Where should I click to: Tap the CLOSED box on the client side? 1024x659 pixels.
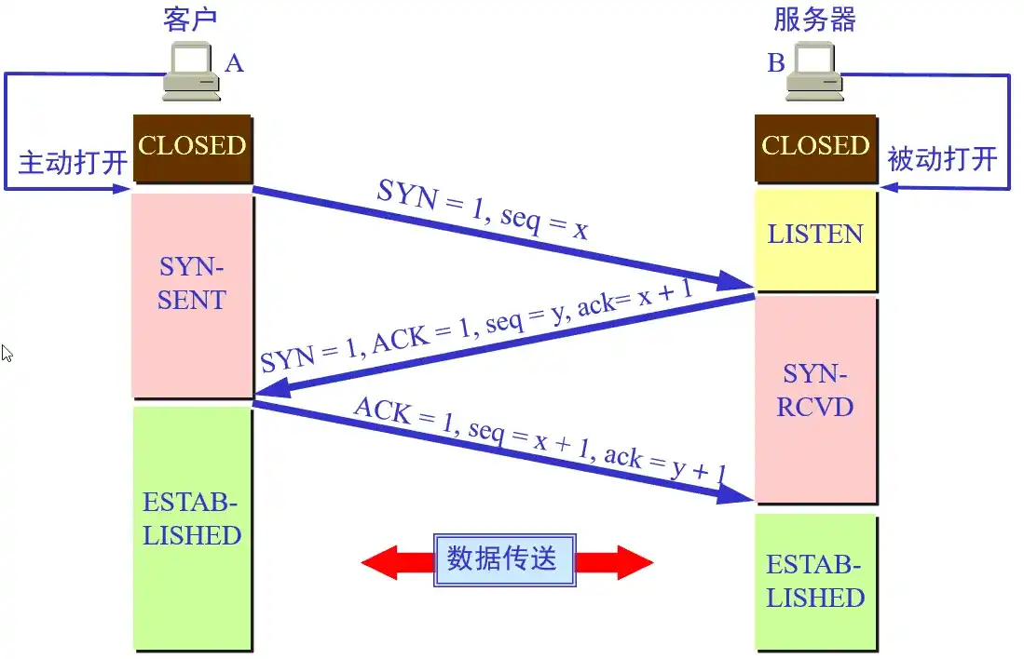click(x=192, y=146)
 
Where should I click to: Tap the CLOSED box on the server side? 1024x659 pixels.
click(x=815, y=146)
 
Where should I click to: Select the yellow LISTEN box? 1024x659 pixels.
click(x=815, y=235)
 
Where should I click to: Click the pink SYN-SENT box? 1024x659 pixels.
click(x=192, y=285)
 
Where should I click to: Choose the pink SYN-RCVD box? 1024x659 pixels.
click(x=815, y=391)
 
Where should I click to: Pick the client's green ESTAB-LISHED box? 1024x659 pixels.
click(x=192, y=519)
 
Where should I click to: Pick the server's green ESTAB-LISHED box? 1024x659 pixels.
click(x=815, y=581)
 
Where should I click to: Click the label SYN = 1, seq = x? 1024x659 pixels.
click(x=483, y=210)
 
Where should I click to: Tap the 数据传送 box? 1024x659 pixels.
click(x=504, y=559)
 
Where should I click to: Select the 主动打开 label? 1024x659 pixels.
click(x=73, y=164)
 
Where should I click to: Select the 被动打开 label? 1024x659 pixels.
click(x=942, y=159)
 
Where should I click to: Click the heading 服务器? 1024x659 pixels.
click(x=814, y=20)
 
